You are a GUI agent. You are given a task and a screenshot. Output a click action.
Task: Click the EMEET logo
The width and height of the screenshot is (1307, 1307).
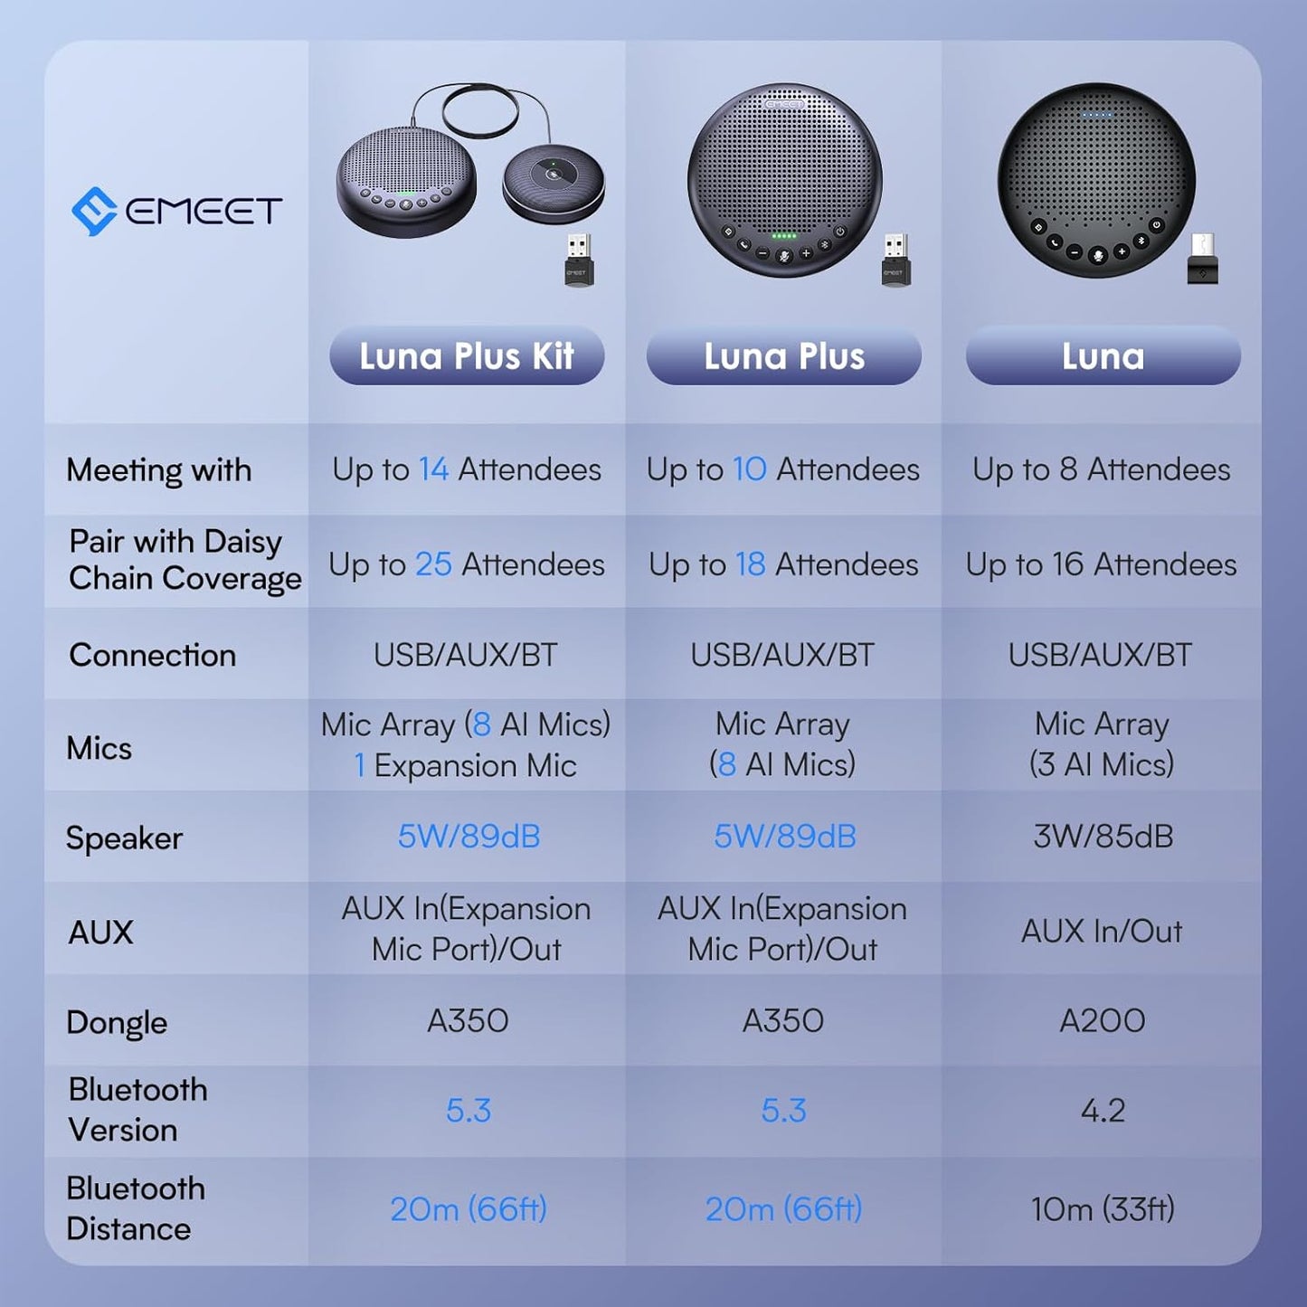(177, 211)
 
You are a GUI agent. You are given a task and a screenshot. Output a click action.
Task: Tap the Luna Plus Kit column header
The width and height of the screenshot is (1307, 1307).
(467, 356)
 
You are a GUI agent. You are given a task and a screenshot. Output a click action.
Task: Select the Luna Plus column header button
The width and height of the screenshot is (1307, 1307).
(783, 356)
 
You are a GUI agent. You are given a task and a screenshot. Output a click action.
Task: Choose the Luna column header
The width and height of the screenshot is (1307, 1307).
(1103, 356)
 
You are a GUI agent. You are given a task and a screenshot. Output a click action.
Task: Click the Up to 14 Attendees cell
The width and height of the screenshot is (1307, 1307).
(467, 469)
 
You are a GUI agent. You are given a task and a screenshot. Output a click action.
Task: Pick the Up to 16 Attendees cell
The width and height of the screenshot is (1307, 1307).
(1101, 564)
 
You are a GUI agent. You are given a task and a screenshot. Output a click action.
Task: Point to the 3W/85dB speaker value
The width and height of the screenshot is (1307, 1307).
(1103, 837)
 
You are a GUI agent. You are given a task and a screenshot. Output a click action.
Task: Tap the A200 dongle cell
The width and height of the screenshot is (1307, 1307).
(1102, 1021)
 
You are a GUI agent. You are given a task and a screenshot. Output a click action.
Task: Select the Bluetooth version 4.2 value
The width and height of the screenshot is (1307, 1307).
(1103, 1111)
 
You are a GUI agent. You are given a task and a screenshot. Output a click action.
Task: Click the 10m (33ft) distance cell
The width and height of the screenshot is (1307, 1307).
(1103, 1209)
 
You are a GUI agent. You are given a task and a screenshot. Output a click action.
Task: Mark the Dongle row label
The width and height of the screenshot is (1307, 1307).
(117, 1023)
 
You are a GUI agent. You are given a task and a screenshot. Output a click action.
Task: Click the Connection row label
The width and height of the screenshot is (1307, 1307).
(152, 655)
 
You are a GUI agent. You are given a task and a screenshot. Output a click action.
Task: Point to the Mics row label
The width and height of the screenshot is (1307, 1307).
(99, 748)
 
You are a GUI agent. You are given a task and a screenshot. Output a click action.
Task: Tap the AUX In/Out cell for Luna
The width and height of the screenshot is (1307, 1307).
(1102, 931)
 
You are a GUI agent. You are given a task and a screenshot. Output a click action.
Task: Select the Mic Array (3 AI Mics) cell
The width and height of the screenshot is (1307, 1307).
(1102, 744)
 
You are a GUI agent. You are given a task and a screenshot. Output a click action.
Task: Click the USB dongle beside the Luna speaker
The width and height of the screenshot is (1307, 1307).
(1203, 260)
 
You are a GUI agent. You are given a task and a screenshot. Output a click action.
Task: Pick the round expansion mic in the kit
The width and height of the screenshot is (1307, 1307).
(554, 185)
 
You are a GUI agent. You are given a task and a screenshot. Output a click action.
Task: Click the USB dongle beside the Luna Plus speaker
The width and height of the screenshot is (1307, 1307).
(895, 260)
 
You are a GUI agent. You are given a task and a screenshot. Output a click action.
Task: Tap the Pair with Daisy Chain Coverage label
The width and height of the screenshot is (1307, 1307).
(185, 560)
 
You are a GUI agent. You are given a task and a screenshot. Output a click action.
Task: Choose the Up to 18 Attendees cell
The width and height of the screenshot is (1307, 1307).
(783, 564)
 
